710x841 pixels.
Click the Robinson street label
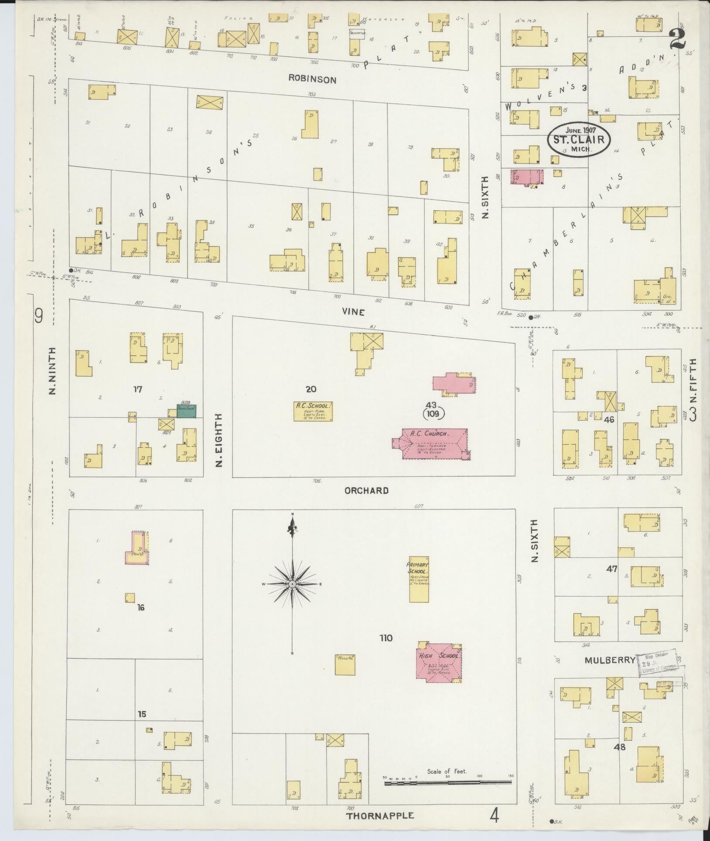312,79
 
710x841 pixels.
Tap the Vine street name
353,312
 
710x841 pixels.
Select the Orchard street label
366,491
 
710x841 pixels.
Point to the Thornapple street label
380,815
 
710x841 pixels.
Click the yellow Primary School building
419,579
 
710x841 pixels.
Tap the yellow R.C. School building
313,411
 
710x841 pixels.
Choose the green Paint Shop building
186,411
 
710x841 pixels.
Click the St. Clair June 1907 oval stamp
579,139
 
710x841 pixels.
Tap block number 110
386,638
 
